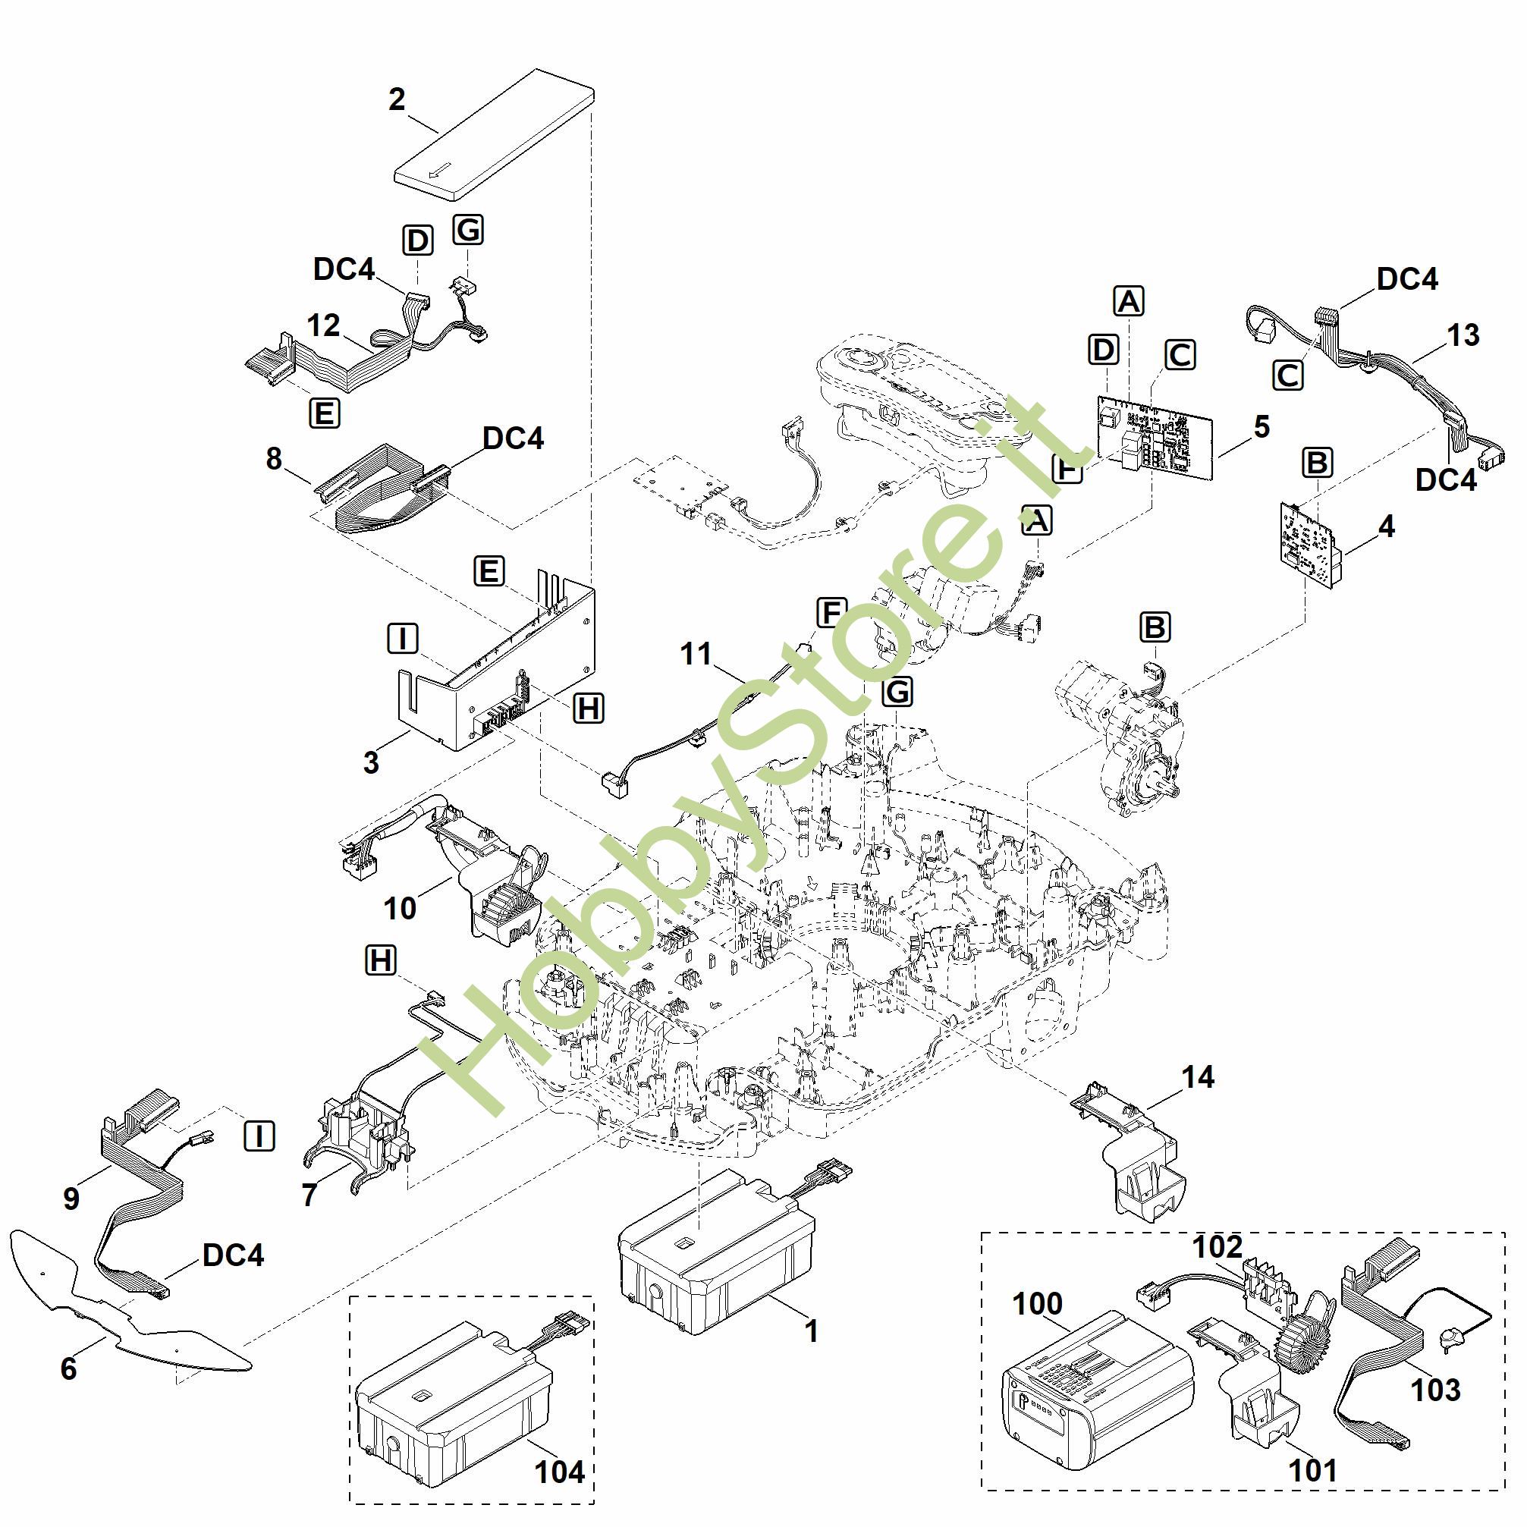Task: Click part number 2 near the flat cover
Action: [397, 99]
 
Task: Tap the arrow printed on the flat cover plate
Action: [439, 171]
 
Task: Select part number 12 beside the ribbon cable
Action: [323, 325]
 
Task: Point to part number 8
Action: [275, 458]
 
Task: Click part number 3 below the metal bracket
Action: [372, 762]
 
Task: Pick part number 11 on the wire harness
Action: [696, 654]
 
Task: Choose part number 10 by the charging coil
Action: [400, 908]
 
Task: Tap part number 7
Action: [309, 1195]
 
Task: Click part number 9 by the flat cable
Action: [71, 1199]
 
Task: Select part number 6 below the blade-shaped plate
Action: [69, 1368]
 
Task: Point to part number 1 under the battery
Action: [811, 1331]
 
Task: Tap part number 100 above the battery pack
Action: [1038, 1303]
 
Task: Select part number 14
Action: [1199, 1076]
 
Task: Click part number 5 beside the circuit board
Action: [1262, 427]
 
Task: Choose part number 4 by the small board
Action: [1387, 526]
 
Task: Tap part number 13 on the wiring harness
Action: [1463, 335]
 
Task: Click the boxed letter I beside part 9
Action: [259, 1136]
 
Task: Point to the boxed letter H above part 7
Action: [381, 960]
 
